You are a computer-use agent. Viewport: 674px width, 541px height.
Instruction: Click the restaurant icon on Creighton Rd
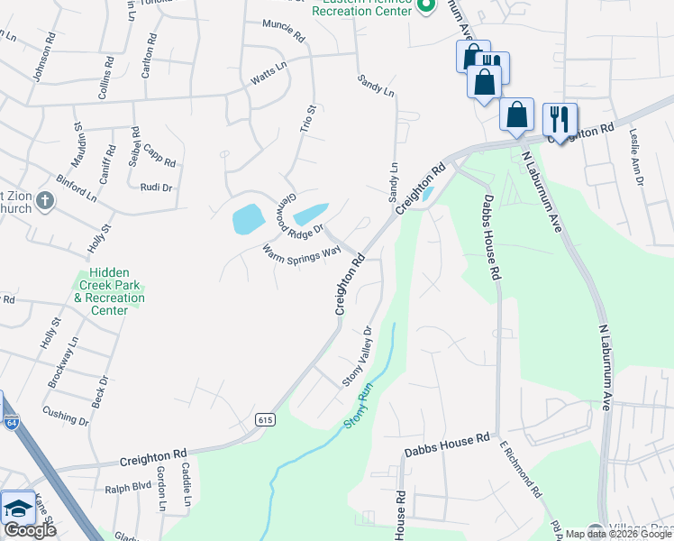(560, 120)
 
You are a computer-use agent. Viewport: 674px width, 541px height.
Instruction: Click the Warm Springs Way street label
(301, 261)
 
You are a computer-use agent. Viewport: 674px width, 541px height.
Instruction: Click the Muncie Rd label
(284, 31)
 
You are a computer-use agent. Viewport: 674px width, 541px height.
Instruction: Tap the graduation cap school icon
(17, 509)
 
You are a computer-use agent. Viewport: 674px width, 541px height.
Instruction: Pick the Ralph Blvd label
(128, 490)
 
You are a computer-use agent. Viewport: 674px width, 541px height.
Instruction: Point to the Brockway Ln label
(63, 362)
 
